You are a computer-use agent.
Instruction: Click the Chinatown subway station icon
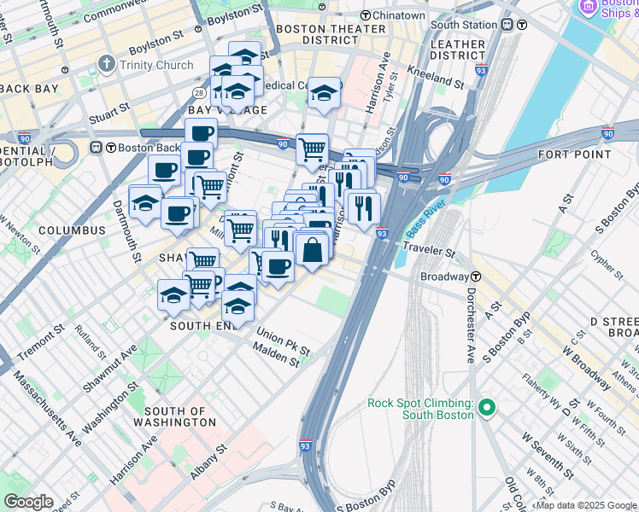point(366,15)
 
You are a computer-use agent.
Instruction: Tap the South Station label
point(465,25)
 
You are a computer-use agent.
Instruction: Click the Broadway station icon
point(477,276)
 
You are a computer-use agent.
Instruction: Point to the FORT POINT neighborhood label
point(574,154)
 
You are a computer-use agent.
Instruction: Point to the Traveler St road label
point(430,253)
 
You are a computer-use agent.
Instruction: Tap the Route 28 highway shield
point(198,92)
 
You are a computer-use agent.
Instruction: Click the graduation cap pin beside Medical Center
point(324,95)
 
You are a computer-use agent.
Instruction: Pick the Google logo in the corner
point(27,503)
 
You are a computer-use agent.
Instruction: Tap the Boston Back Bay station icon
point(108,147)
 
